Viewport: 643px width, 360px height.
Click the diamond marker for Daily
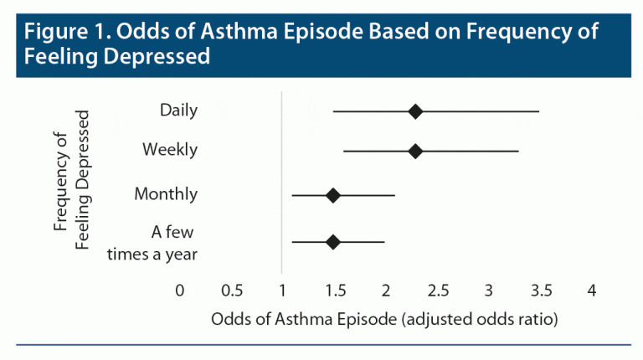[x=415, y=111]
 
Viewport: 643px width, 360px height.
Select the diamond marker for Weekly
[x=415, y=152]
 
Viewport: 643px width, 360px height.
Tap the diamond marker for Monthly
[x=332, y=195]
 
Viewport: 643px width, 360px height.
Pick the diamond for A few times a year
[x=332, y=242]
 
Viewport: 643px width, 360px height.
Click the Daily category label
[x=178, y=110]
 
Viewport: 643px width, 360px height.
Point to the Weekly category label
[x=170, y=150]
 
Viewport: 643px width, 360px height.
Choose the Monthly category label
[x=166, y=194]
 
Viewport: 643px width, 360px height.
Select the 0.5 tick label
[x=231, y=291]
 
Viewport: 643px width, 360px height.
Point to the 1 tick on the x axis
[x=282, y=291]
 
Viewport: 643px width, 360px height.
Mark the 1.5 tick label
[x=334, y=291]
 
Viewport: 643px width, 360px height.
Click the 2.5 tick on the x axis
[x=438, y=291]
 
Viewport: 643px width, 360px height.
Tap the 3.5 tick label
[x=541, y=291]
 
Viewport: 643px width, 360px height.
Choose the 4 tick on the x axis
[x=592, y=291]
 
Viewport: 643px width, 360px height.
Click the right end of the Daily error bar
[x=539, y=111]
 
